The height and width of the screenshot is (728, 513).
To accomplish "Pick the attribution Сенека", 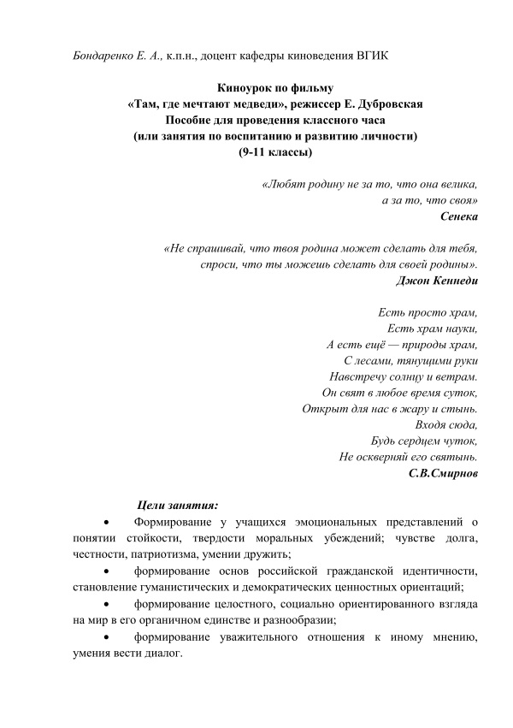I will tap(458, 216).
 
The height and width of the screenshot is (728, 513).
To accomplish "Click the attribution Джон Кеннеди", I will tap(438, 280).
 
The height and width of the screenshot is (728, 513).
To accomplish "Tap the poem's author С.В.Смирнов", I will tap(443, 472).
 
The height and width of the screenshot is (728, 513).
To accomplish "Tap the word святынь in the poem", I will tap(451, 457).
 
